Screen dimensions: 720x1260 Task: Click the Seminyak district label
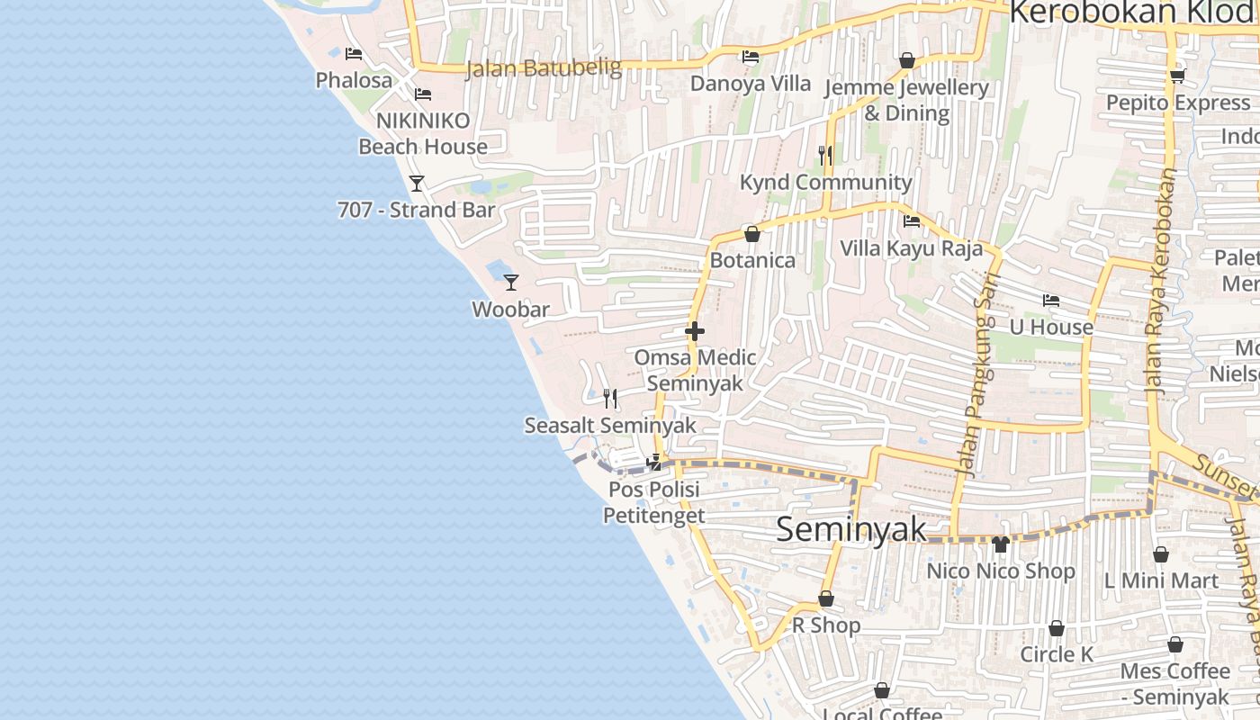(x=850, y=529)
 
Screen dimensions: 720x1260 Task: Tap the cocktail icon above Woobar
(x=511, y=282)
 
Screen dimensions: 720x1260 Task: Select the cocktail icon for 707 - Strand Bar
(x=417, y=183)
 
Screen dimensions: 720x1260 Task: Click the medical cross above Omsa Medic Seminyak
(x=694, y=331)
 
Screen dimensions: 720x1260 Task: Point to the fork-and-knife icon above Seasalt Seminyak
(x=610, y=398)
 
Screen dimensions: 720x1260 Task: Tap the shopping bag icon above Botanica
(x=752, y=234)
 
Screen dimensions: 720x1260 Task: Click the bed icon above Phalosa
(x=354, y=54)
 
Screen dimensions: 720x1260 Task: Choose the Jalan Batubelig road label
(x=544, y=68)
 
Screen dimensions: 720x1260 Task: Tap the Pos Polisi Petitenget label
(x=653, y=502)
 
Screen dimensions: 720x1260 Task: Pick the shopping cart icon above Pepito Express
(x=1177, y=76)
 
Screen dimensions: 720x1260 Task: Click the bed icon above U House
(x=1050, y=301)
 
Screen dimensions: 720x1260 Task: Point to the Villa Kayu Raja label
(x=911, y=247)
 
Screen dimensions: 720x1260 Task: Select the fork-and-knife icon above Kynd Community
(x=825, y=155)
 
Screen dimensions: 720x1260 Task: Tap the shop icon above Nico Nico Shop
(x=1000, y=544)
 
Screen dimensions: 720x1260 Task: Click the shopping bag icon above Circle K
(x=1057, y=628)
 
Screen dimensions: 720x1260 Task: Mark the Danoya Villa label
(x=751, y=84)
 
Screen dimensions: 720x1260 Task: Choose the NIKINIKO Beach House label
(x=423, y=133)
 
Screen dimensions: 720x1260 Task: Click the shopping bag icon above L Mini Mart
(x=1161, y=554)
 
